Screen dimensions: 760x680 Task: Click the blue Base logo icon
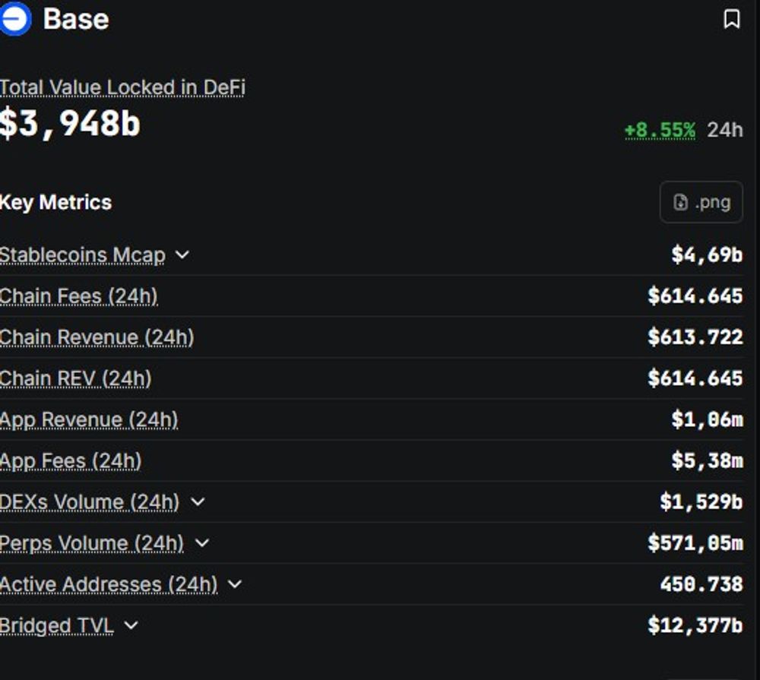click(15, 18)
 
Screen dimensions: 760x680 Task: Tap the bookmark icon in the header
click(732, 19)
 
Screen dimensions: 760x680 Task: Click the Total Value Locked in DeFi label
click(122, 87)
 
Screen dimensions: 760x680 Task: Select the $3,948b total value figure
click(70, 124)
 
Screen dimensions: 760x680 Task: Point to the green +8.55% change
click(660, 130)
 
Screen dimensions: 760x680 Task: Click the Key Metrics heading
click(55, 202)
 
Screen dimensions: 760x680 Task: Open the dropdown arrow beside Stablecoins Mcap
click(182, 255)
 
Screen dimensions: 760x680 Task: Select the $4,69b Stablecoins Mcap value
click(707, 255)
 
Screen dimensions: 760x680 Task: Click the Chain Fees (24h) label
click(78, 296)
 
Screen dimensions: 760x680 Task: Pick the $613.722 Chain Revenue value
click(695, 337)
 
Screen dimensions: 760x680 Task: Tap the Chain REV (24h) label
click(75, 378)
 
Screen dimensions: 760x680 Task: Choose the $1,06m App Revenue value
click(707, 419)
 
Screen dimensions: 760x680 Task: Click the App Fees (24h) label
click(71, 461)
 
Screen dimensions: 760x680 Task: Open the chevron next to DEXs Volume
click(198, 501)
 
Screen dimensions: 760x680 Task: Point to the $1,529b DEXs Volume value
click(701, 501)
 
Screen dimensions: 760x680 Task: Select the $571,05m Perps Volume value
click(695, 542)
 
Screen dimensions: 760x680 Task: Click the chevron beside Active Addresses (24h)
click(235, 584)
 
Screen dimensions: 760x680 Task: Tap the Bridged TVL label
click(57, 626)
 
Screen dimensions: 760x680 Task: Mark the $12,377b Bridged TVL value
click(695, 625)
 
